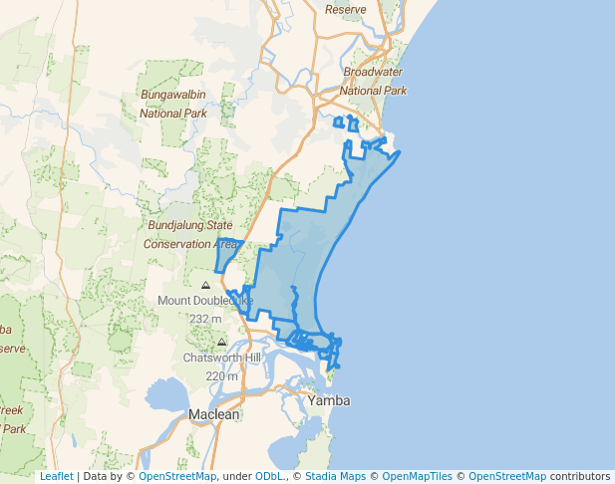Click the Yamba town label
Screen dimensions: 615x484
click(329, 400)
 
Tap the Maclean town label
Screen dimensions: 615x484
click(214, 414)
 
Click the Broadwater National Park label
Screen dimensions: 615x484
click(375, 82)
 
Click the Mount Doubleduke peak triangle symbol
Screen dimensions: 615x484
click(205, 285)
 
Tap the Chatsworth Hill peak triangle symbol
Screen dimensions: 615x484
click(221, 342)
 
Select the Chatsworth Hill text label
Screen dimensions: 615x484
click(221, 358)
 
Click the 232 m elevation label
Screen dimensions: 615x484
click(205, 319)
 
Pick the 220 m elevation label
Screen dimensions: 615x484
click(221, 375)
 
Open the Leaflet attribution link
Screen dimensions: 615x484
click(56, 477)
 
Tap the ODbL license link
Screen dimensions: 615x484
click(268, 477)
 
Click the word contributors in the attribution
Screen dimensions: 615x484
click(579, 477)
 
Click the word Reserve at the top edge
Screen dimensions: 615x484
click(346, 9)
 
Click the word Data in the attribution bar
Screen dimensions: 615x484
click(96, 477)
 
